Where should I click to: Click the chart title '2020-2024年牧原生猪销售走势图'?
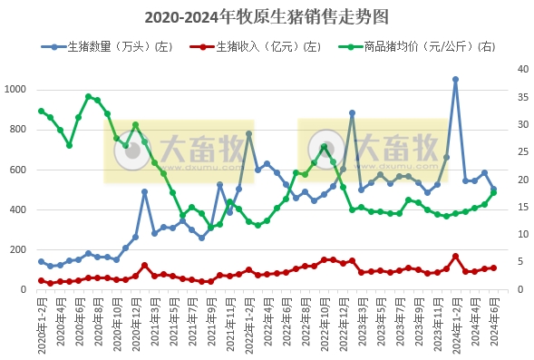pos(267,17)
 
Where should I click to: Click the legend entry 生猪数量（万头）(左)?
pos(119,46)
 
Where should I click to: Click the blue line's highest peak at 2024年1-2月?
pos(455,80)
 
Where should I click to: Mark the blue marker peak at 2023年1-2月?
pos(352,113)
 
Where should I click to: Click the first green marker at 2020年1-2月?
pos(41,112)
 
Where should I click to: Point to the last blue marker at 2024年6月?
pos(493,190)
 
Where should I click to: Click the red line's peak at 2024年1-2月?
pos(455,257)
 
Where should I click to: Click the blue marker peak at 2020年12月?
pos(144,192)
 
